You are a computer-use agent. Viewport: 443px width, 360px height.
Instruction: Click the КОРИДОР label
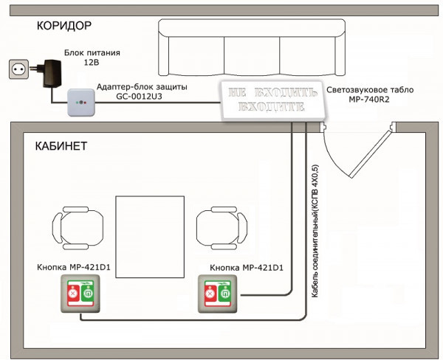coord(64,26)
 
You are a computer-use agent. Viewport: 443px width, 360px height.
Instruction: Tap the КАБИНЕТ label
coord(61,146)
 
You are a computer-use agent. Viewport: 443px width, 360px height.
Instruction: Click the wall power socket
coord(18,69)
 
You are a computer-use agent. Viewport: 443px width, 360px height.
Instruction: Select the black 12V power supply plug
coord(48,73)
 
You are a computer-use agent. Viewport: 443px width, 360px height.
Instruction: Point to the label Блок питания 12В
coord(92,58)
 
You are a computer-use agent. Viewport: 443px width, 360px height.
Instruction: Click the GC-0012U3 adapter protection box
coord(81,103)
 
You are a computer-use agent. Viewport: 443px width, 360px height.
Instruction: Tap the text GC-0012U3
coord(139,97)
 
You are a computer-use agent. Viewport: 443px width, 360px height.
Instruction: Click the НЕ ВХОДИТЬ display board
coord(272,100)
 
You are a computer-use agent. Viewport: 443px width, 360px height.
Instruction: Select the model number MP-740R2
coord(369,100)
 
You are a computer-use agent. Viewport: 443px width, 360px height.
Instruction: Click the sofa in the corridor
coord(252,47)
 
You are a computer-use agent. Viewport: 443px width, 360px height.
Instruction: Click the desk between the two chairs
coord(150,237)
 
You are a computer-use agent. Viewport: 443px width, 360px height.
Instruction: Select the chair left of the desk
coord(78,228)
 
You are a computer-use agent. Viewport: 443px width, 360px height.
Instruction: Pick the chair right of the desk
coord(221,228)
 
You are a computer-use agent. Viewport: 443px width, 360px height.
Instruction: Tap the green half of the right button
coord(225,294)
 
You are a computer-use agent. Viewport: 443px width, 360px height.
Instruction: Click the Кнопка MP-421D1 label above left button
coord(73,267)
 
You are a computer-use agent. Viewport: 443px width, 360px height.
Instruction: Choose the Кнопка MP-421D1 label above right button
coord(247,267)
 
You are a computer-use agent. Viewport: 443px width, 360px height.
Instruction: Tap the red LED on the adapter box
coord(85,103)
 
